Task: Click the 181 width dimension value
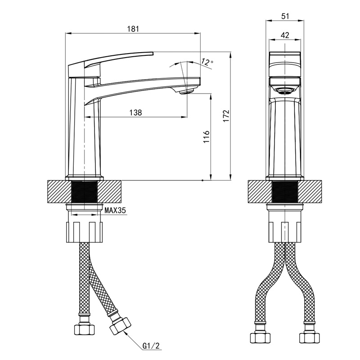133,29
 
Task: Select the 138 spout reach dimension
136,112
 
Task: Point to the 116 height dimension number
207,137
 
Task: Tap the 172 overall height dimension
226,116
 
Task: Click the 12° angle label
207,62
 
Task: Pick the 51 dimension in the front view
285,16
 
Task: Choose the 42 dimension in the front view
285,35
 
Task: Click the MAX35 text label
115,210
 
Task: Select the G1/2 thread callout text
151,346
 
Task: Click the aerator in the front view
285,91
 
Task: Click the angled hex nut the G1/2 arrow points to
120,326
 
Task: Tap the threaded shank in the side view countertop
85,192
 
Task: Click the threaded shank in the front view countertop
285,192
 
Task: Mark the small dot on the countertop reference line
202,180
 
